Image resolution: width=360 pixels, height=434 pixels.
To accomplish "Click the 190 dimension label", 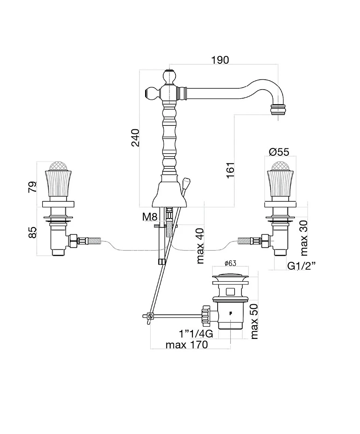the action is (x=220, y=60).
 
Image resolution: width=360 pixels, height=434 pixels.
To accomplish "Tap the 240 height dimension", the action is (x=135, y=138).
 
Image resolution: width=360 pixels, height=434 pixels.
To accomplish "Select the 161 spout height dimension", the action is (x=230, y=170).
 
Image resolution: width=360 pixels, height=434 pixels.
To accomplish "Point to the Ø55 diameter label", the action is (x=279, y=152).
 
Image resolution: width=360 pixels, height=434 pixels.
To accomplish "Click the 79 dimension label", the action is (x=32, y=187).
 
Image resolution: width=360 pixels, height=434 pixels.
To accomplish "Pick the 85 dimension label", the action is (x=32, y=232).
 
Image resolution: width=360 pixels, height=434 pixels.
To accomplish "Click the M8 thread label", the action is (x=150, y=217).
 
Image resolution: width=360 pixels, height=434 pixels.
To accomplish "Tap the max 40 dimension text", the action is (x=200, y=246).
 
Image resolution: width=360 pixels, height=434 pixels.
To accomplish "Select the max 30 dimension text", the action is (x=304, y=238).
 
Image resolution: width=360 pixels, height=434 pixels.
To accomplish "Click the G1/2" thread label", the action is (x=301, y=266).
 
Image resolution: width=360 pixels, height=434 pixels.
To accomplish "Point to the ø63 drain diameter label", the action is (x=231, y=263).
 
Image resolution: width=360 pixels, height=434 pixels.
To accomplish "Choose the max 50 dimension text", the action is (x=254, y=321).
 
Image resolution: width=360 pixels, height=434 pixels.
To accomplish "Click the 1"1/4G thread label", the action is (x=196, y=334).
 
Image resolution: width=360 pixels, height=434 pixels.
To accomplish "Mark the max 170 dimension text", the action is (x=187, y=345).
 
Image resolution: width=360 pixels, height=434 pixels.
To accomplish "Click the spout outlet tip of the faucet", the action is (x=278, y=110).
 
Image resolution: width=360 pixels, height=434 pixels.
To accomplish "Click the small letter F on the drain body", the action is (x=230, y=313).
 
